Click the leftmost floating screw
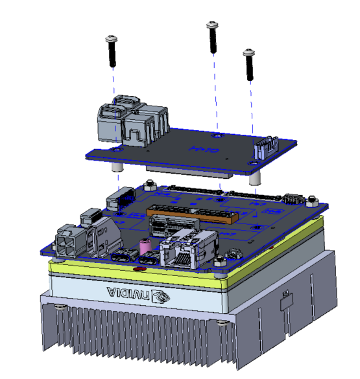112,51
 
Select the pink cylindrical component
145,247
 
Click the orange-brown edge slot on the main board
188,214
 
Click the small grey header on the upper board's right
265,147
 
